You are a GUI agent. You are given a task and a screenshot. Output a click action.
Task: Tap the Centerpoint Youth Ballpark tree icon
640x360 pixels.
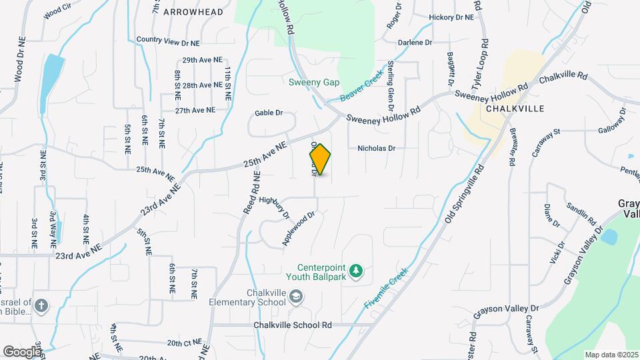coord(357,270)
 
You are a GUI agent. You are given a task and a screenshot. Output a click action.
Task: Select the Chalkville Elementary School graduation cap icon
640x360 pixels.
coord(296,297)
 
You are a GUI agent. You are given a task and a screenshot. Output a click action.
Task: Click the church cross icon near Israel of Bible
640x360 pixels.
coord(41,305)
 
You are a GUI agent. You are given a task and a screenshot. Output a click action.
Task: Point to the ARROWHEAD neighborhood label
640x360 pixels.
coord(192,12)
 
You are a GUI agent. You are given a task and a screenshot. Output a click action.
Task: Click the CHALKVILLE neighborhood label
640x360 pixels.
coord(515,108)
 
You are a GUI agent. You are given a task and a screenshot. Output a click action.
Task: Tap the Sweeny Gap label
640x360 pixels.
coord(314,83)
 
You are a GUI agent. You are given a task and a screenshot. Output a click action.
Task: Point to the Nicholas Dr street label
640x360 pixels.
coord(377,148)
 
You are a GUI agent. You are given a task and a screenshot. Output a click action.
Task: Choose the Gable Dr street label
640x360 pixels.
coord(269,113)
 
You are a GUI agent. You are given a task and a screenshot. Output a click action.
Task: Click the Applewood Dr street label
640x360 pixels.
coord(298,229)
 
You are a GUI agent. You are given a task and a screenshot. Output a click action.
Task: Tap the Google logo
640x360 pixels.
coord(22,351)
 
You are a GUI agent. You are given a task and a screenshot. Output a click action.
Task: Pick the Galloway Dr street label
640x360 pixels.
coord(613,125)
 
